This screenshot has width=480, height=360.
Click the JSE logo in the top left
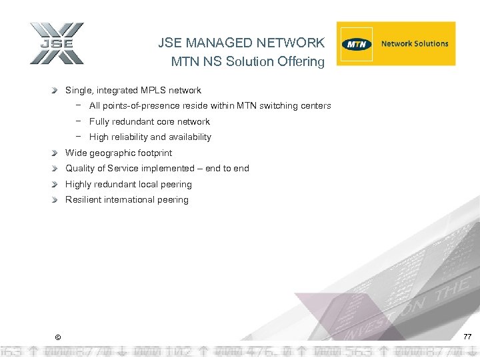point(57,44)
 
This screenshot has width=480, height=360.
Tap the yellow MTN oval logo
point(357,44)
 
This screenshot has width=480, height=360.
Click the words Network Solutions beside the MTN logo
point(415,44)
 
